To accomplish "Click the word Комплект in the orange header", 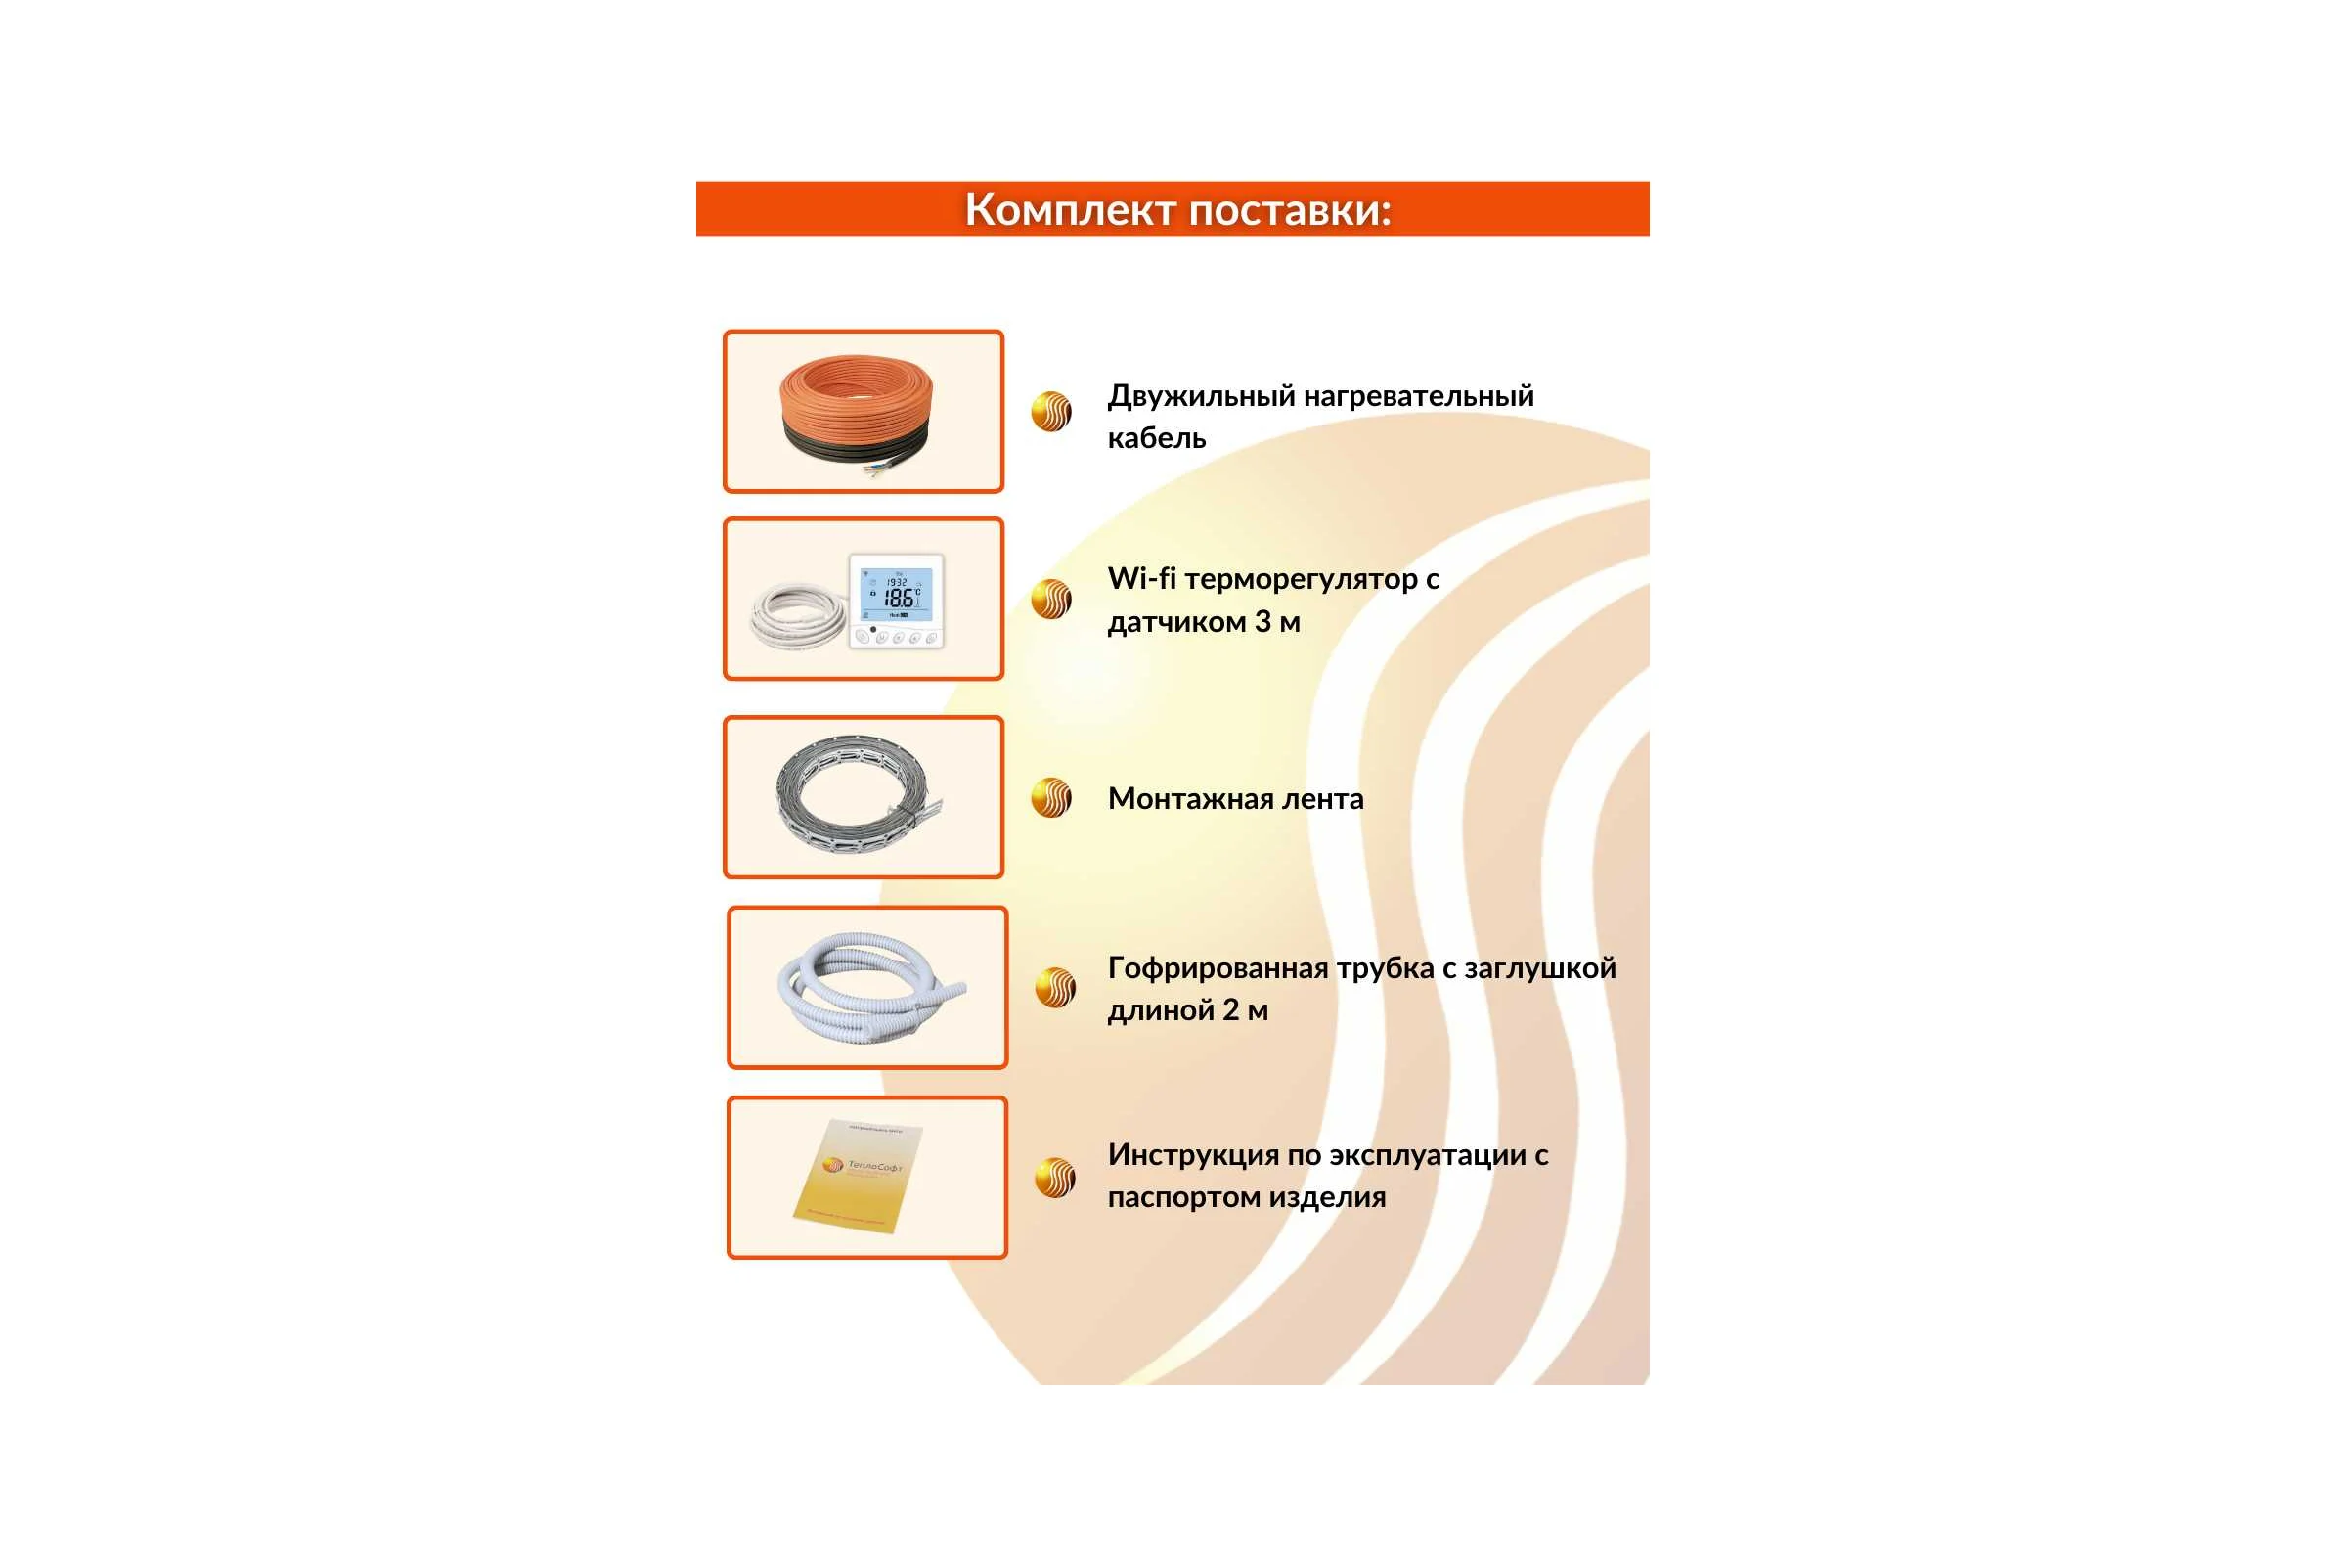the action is pyautogui.click(x=1071, y=210).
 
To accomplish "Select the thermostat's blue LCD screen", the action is pyautogui.click(x=896, y=595).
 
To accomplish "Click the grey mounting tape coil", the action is pyautogui.click(x=857, y=795).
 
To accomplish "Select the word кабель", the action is pyautogui.click(x=1157, y=438).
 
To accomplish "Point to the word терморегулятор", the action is pyautogui.click(x=1302, y=581).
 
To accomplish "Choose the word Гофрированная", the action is pyautogui.click(x=1218, y=969).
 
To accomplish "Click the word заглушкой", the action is pyautogui.click(x=1539, y=969).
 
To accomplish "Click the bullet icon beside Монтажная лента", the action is pyautogui.click(x=1050, y=797).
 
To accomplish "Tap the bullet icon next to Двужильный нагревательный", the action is pyautogui.click(x=1050, y=411).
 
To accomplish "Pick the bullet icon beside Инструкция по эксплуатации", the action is pyautogui.click(x=1055, y=1178).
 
